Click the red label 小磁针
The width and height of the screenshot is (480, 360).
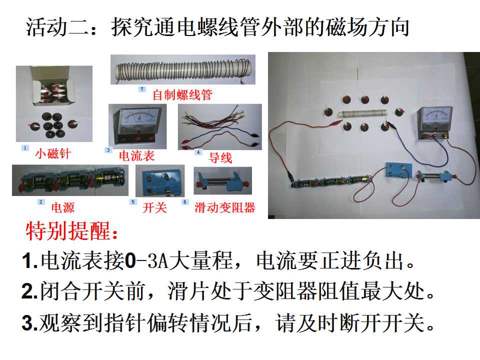(53, 153)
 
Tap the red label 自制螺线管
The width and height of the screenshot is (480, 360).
(182, 95)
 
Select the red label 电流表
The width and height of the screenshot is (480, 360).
(136, 156)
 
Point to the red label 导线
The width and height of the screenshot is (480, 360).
(220, 158)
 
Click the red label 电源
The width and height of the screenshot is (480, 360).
(63, 207)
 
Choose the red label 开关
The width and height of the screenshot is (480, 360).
(154, 208)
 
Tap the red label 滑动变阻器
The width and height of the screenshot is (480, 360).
(224, 208)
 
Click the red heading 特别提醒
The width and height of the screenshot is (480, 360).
(71, 231)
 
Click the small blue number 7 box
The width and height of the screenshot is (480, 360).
(141, 89)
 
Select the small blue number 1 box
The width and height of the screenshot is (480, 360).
(25, 148)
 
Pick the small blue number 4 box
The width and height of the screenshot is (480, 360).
(198, 152)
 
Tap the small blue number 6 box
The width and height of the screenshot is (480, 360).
(185, 202)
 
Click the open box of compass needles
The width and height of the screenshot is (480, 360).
(51, 89)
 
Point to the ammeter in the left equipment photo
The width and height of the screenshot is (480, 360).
(137, 126)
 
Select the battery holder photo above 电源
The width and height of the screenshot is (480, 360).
(70, 180)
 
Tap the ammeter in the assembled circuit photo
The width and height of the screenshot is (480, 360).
(434, 123)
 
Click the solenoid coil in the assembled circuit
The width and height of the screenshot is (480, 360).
(362, 114)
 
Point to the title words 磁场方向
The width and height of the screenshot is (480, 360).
(367, 27)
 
